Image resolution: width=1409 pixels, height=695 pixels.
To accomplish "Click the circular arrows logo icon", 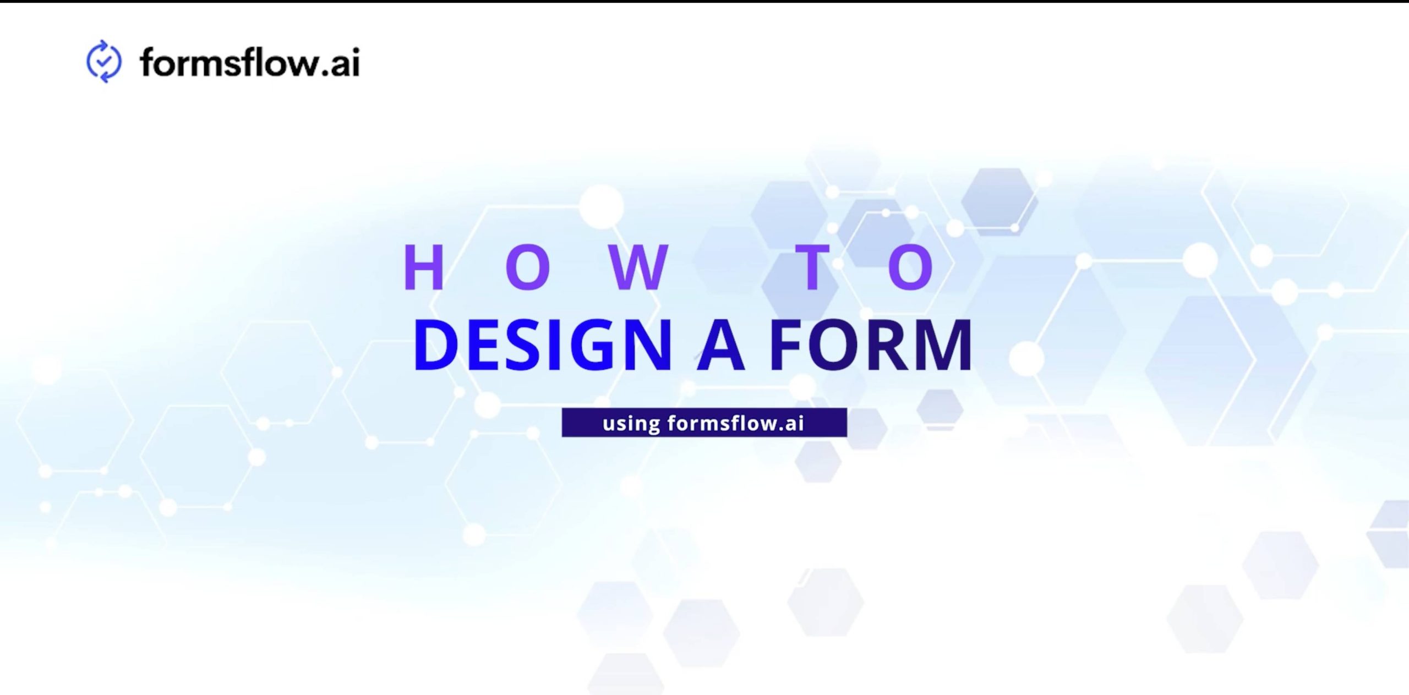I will point(103,61).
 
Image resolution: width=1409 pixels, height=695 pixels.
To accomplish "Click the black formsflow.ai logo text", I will point(250,62).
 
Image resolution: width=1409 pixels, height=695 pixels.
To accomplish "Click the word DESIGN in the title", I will point(543,345).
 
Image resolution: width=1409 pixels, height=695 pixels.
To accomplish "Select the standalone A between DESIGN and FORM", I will point(721,345).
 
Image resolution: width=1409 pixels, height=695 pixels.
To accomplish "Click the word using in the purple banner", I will point(631,423).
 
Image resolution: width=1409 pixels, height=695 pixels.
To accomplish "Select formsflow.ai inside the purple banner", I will point(735,423).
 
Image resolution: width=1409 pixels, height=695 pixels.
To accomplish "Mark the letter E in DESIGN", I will point(485,345).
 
